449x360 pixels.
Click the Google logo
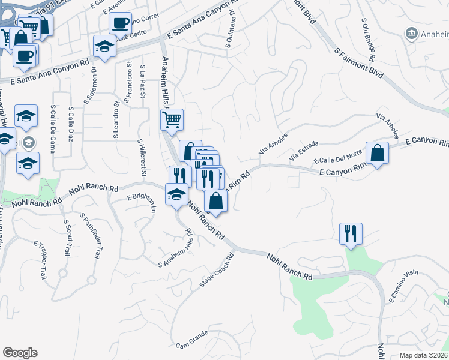point(20,353)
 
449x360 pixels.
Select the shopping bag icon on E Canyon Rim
point(377,154)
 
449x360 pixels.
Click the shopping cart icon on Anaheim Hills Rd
point(172,119)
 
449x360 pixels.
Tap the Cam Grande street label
point(191,346)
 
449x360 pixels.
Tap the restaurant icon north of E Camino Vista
point(351,233)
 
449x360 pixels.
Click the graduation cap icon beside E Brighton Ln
point(176,195)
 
